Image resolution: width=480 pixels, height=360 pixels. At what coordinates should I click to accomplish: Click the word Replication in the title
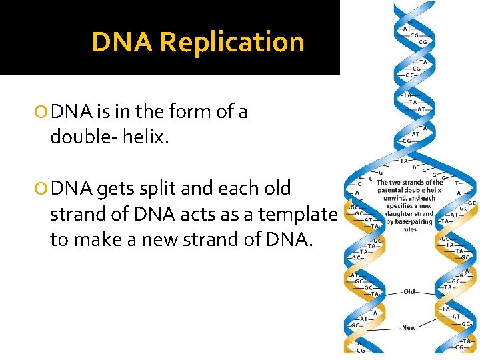point(232,42)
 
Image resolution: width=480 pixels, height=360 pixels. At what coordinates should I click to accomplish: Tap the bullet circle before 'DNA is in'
point(44,112)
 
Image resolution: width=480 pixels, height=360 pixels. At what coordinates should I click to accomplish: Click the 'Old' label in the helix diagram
point(409,291)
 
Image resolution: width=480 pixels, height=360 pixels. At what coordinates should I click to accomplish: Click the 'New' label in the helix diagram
point(409,327)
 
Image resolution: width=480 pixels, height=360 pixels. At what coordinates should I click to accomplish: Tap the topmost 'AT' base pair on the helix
point(407,29)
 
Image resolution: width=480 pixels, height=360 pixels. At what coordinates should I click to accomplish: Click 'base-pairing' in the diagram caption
point(417,221)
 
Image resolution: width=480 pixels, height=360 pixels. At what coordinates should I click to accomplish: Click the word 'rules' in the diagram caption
point(409,229)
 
